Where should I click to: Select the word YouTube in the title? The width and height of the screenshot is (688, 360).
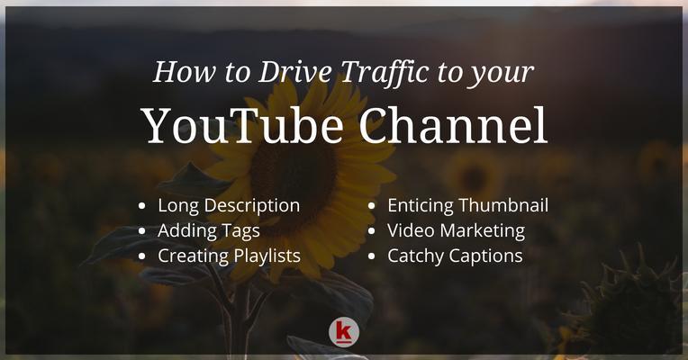coord(244,126)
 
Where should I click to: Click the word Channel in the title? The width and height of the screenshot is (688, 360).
coord(453,125)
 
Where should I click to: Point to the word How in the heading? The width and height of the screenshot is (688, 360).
coord(185,72)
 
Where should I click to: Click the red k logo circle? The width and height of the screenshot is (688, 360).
coord(344,332)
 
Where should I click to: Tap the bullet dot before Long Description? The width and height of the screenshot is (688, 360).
coord(141,206)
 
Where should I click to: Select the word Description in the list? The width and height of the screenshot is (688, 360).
coord(252,206)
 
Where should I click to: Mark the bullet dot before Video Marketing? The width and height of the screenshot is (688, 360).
coord(372,231)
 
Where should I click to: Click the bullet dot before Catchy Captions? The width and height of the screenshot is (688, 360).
coord(372,256)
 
